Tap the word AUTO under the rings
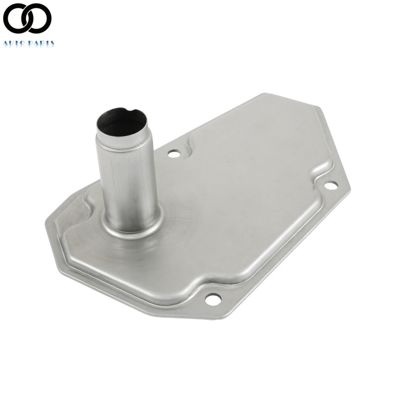[x=13, y=43]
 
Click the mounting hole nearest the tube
[x=174, y=153]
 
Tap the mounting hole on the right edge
[x=331, y=184]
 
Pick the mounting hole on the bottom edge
[x=213, y=299]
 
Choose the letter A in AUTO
[x=6, y=43]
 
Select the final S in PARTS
[x=52, y=43]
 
